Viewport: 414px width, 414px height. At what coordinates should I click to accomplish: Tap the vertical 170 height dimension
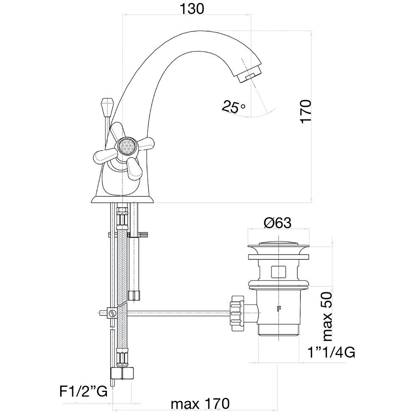point(305,111)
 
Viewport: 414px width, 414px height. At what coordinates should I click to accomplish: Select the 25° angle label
point(233,107)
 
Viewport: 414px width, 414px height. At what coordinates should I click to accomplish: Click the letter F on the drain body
point(279,308)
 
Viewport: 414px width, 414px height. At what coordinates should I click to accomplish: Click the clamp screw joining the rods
point(113,314)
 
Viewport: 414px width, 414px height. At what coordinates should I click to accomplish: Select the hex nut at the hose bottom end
point(122,374)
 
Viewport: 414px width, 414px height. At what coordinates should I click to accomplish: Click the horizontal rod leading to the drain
point(178,314)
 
